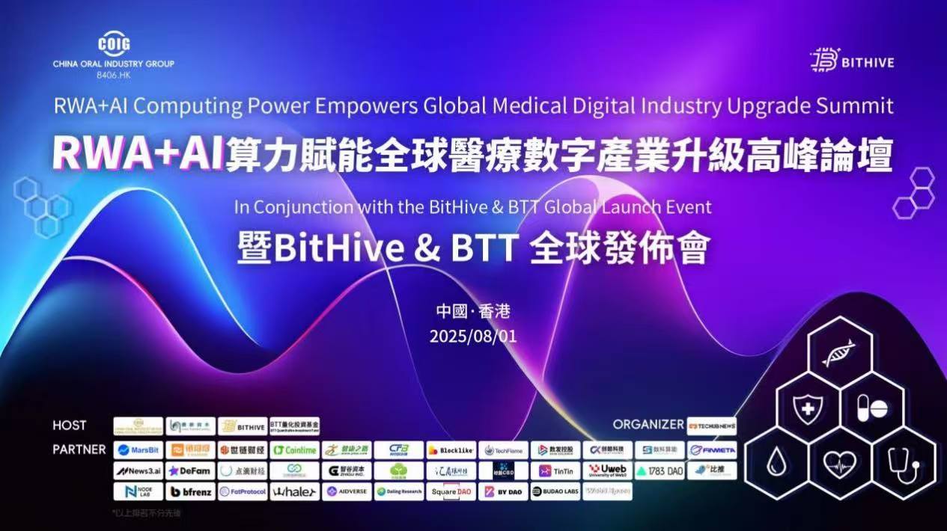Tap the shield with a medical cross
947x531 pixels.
pos(808,409)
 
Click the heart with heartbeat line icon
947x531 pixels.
pos(839,464)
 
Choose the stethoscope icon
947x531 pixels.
pos(903,464)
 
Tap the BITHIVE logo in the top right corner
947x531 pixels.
pos(852,61)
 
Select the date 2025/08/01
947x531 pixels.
pos(473,336)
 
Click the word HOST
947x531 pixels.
pos(70,426)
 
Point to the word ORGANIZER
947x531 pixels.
pos(648,424)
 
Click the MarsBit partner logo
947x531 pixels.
pos(138,450)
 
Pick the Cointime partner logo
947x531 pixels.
pos(294,450)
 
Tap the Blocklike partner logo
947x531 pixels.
pos(451,450)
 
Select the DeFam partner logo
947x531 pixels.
pos(190,471)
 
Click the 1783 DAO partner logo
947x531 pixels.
pos(660,471)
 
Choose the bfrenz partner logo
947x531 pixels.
pos(190,492)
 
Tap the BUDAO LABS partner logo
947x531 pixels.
pos(555,492)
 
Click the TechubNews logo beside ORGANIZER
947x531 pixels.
pos(711,426)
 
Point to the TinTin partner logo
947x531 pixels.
pos(555,471)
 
